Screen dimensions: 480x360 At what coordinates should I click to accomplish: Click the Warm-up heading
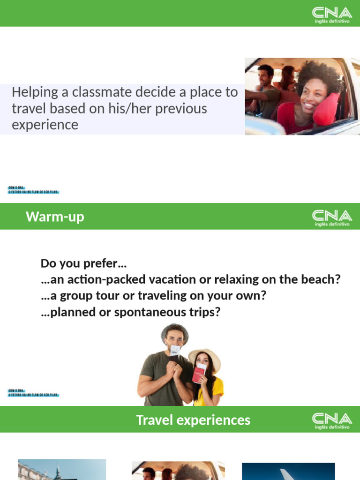coord(55,217)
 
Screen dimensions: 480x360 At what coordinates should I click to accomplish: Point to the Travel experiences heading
coord(193,420)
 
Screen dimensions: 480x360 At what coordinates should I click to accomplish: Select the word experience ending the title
coord(45,125)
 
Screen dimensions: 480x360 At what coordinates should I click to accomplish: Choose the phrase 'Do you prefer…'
coord(84,263)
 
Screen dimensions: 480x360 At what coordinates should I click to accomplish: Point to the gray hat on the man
coord(174,330)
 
